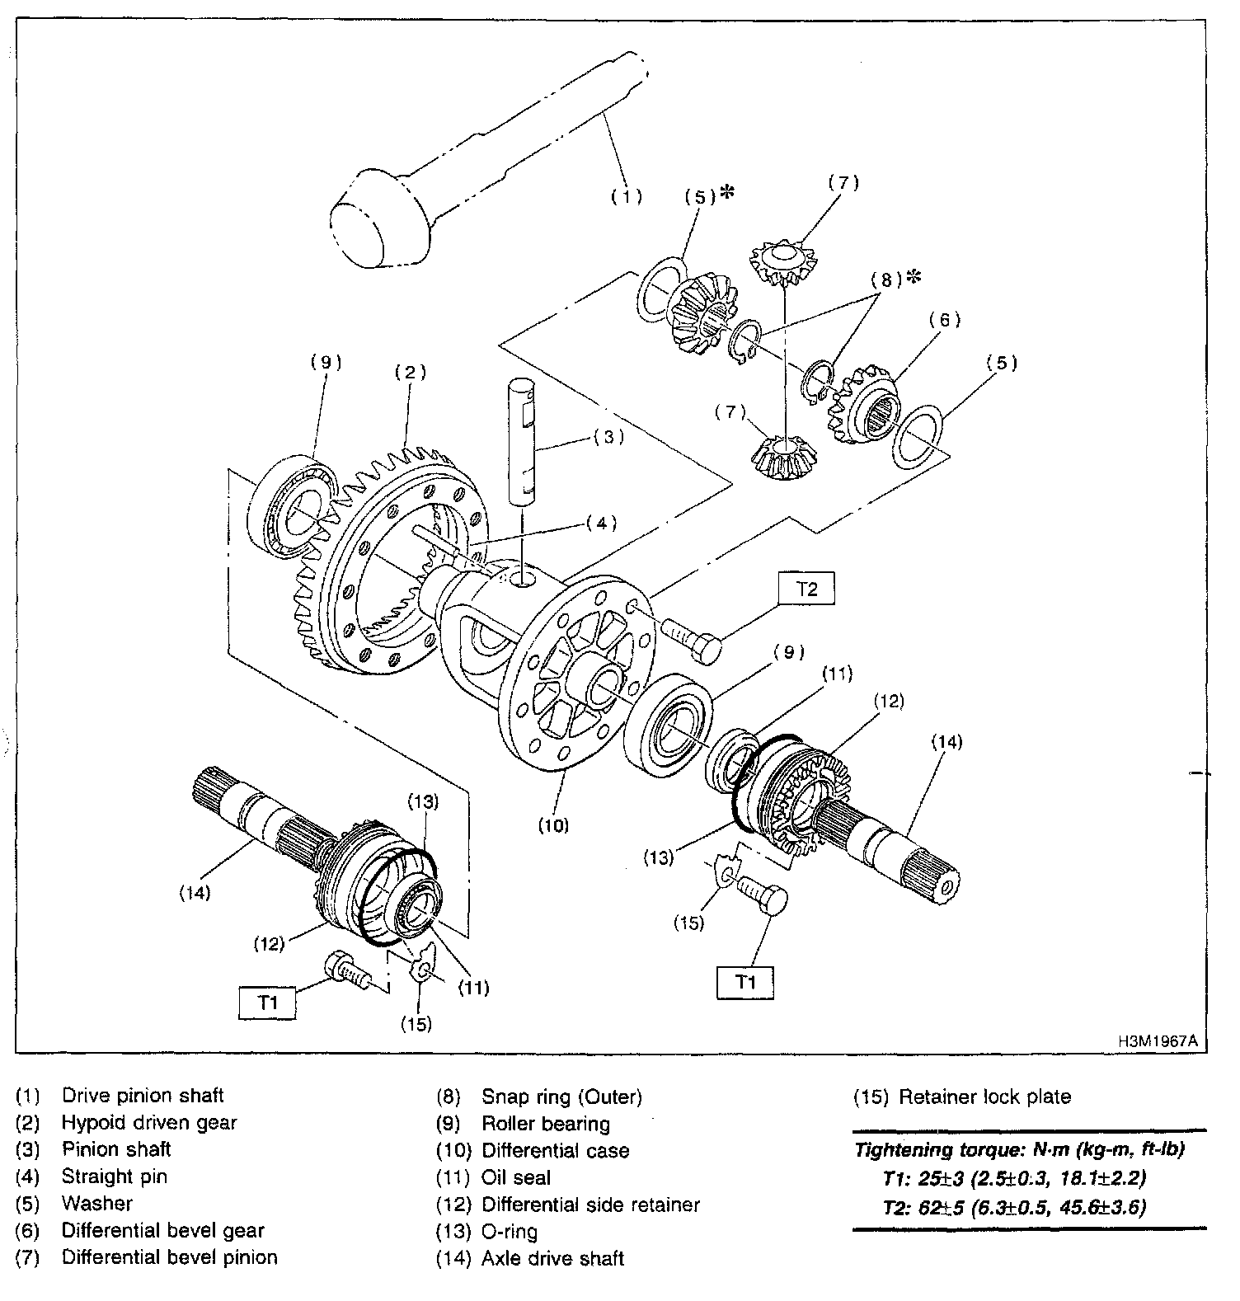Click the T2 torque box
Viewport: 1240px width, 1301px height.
(806, 589)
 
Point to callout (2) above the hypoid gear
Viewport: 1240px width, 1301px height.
(409, 372)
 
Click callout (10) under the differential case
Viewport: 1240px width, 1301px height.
(552, 824)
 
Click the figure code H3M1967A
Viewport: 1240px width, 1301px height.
(1157, 1041)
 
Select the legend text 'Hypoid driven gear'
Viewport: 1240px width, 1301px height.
(148, 1122)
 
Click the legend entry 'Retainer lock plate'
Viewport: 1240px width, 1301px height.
(984, 1097)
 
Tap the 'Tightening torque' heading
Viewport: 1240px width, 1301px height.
(1019, 1149)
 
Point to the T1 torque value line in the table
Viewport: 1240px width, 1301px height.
(1014, 1177)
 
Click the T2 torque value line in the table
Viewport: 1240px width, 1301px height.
(1014, 1207)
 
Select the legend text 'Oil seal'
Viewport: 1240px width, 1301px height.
(515, 1177)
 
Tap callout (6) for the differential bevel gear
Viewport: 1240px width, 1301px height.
(945, 320)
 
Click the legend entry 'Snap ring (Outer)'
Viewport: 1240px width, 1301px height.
(561, 1097)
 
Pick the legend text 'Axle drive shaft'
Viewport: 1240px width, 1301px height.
(552, 1258)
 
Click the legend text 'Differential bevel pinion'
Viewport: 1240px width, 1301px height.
(169, 1256)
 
